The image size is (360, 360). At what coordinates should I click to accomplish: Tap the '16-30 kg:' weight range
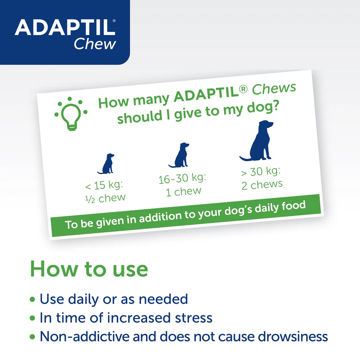[x=182, y=178]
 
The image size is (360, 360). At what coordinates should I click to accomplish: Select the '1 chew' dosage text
[x=184, y=192]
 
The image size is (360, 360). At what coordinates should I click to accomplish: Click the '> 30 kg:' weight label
[x=261, y=172]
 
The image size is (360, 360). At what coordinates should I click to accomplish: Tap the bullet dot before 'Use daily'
[x=33, y=299]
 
